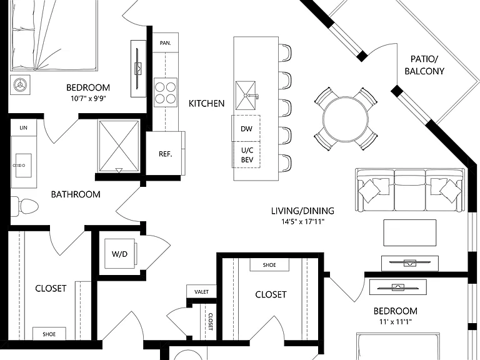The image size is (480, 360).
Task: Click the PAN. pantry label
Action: pos(165,43)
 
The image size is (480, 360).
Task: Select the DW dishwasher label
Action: pos(246,129)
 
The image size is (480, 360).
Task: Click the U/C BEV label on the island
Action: pos(247,155)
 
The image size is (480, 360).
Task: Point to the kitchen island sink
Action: pos(246,96)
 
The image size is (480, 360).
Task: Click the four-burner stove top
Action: pos(165,92)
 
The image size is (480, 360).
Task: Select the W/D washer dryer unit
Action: pos(120,254)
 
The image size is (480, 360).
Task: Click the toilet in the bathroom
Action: pos(24,206)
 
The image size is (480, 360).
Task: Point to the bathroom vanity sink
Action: pos(23,165)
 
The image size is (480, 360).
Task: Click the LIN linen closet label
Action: pos(24,127)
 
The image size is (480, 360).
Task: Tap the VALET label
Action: pos(201,292)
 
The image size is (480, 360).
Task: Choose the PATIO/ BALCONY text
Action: pos(424,65)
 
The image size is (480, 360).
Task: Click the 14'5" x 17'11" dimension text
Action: pos(302,221)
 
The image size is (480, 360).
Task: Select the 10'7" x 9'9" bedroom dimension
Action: pos(88,98)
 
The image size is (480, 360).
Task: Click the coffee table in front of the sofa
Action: pos(410,232)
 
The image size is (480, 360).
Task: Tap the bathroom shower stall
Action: pos(119,146)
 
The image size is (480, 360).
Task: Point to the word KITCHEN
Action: pos(207,104)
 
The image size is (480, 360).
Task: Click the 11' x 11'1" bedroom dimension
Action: pos(395,321)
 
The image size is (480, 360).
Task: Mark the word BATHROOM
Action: pos(76,194)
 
